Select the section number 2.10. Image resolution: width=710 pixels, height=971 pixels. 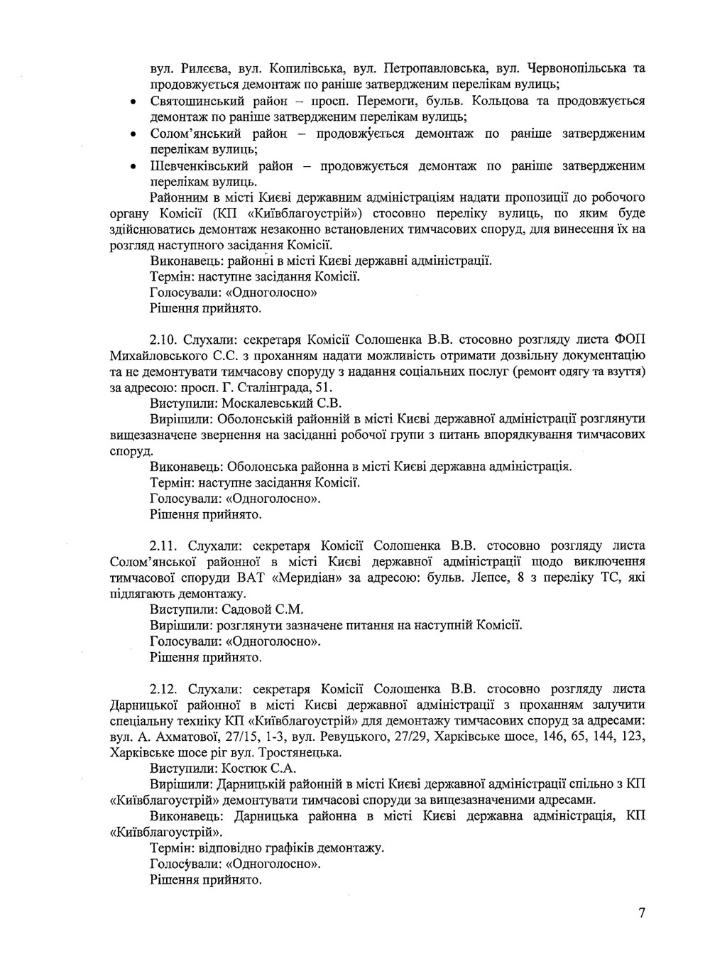pos(165,339)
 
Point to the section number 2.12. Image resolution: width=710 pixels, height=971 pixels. pos(165,688)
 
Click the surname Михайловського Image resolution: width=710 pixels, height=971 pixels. pos(160,355)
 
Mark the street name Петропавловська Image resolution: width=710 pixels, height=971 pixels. pos(435,69)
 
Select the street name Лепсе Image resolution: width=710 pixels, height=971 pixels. pos(493,577)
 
